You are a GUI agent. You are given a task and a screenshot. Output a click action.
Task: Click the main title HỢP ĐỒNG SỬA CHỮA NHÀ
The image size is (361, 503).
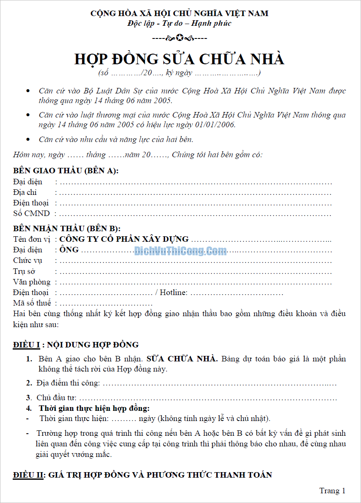[x=179, y=59]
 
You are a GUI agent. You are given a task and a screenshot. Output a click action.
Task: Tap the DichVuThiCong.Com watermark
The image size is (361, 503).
[x=180, y=251]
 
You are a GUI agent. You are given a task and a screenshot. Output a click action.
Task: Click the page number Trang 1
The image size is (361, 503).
[x=332, y=491]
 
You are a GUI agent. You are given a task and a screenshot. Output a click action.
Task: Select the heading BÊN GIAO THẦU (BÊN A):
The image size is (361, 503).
[x=66, y=171]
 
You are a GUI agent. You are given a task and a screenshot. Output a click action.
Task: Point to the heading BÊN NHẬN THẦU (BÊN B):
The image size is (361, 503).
[x=66, y=229]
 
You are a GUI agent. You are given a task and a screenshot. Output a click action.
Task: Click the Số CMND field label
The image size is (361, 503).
[x=31, y=213]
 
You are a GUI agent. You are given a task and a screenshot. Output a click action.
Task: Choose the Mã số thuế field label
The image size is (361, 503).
[x=32, y=303]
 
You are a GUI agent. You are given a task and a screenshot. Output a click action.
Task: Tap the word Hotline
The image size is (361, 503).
[x=173, y=293]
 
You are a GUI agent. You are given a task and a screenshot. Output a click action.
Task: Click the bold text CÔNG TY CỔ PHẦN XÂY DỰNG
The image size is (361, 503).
[x=124, y=239]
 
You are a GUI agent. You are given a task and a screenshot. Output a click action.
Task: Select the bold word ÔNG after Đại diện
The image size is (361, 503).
[x=69, y=250]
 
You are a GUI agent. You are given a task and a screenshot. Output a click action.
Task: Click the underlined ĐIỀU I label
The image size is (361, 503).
[x=26, y=345]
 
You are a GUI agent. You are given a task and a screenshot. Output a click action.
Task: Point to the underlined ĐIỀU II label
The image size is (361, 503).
[x=28, y=475]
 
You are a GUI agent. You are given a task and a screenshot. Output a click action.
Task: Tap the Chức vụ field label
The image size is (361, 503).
[x=28, y=260]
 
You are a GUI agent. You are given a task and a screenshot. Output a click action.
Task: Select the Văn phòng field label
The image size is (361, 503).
[x=31, y=282]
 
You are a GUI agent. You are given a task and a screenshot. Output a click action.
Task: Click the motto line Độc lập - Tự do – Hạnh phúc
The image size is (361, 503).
[x=179, y=23]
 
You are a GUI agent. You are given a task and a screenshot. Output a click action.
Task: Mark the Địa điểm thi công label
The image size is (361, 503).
[x=68, y=383]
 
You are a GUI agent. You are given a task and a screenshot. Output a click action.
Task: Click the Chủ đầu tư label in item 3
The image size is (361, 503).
[x=56, y=398]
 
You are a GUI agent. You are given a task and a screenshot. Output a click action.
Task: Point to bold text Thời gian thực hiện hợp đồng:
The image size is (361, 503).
[x=94, y=408]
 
